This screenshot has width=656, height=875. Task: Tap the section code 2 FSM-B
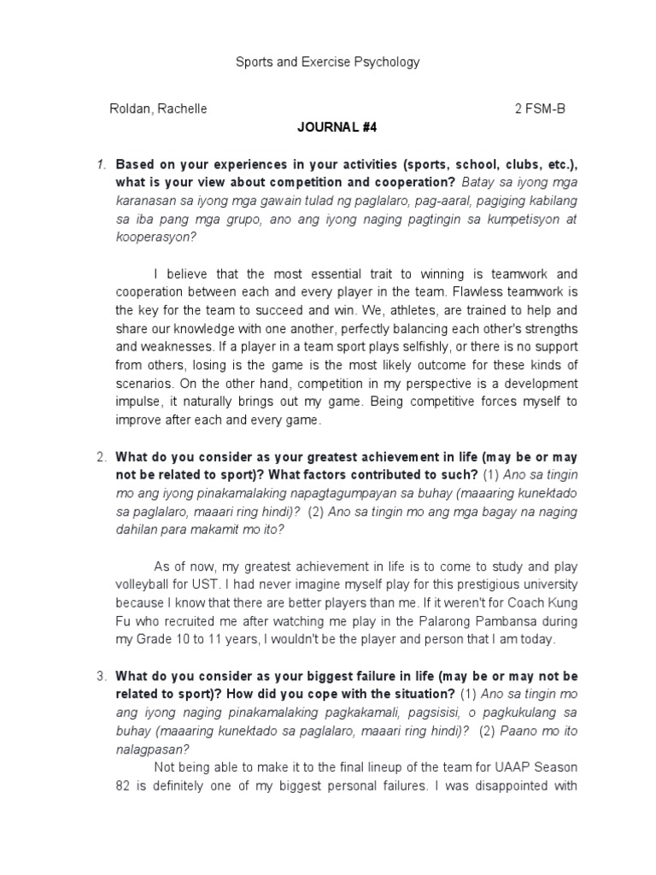tap(539, 109)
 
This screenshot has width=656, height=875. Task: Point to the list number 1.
tap(101, 164)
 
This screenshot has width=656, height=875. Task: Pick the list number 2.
tap(101, 457)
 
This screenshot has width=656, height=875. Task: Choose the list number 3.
tap(101, 677)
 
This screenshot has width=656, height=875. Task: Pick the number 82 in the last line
tap(123, 786)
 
